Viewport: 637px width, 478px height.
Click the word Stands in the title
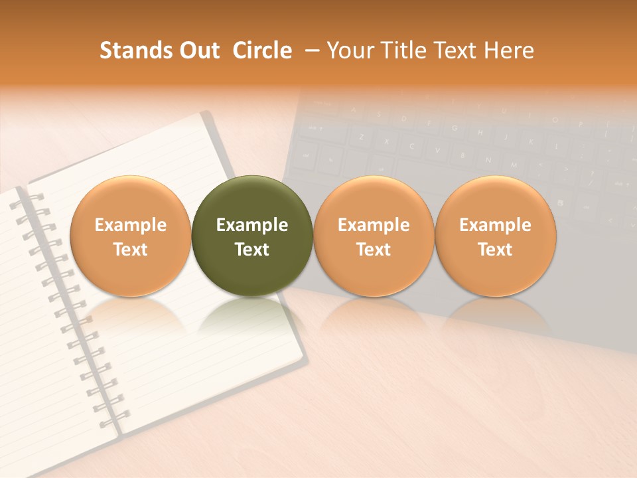click(x=135, y=50)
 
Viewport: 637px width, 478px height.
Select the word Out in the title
click(x=198, y=50)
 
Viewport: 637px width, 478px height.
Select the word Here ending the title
click(x=509, y=50)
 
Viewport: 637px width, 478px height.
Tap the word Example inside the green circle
click(x=252, y=225)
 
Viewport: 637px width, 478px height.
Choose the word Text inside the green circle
click(x=252, y=250)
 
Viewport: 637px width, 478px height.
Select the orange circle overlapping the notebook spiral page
click(x=130, y=236)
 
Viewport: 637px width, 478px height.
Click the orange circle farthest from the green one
click(x=495, y=236)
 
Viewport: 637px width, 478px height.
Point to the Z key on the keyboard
click(x=362, y=137)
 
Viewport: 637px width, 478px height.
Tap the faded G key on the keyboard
click(x=454, y=128)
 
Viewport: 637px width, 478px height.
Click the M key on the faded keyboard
click(x=514, y=164)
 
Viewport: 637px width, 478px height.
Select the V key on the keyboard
click(x=437, y=151)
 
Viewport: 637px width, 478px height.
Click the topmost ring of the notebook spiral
click(x=33, y=197)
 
